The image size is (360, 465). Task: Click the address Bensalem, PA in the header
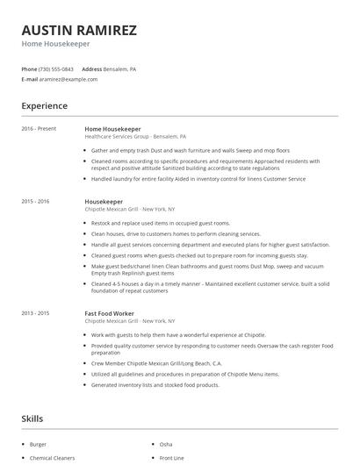120,68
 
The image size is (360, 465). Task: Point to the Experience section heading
44,105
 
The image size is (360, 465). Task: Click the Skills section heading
32,419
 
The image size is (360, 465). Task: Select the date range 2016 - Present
39,129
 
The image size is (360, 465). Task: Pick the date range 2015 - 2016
35,201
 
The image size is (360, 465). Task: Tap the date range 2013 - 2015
35,312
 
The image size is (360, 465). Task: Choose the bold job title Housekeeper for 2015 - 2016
104,201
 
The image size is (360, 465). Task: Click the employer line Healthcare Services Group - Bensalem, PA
134,137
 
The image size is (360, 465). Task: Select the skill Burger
38,445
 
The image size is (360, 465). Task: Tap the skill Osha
166,445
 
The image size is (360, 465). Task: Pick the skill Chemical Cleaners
52,458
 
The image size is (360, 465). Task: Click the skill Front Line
171,458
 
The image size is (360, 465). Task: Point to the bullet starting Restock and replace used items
153,224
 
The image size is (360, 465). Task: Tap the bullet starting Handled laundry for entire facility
198,178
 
